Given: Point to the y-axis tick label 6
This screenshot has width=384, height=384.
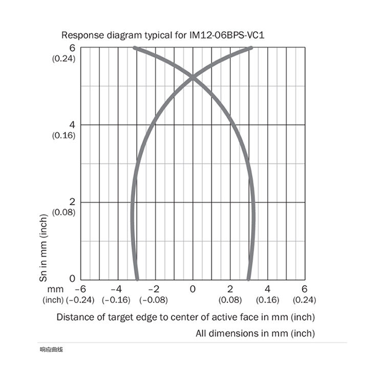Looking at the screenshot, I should [73, 48].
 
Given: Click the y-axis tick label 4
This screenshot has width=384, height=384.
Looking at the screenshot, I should [73, 125].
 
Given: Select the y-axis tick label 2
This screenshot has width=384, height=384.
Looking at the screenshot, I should [73, 202].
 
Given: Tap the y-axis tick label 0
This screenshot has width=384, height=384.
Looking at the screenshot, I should [72, 279].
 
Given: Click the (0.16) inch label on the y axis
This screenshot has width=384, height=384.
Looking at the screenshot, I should [64, 136].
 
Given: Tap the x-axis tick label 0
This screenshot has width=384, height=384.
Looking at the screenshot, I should [193, 289].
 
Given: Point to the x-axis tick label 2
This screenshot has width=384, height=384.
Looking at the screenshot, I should [230, 289].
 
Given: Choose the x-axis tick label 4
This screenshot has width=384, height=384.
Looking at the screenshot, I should [267, 289].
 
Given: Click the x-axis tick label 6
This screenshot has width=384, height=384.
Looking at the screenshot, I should [304, 289].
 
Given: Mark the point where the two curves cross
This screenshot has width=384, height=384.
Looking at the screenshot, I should [193, 77].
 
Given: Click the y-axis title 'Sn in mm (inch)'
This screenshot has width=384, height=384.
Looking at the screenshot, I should [44, 247].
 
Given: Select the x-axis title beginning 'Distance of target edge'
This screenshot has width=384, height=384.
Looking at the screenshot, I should [185, 317].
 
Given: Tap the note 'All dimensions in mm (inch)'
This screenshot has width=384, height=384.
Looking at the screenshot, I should [255, 333].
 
